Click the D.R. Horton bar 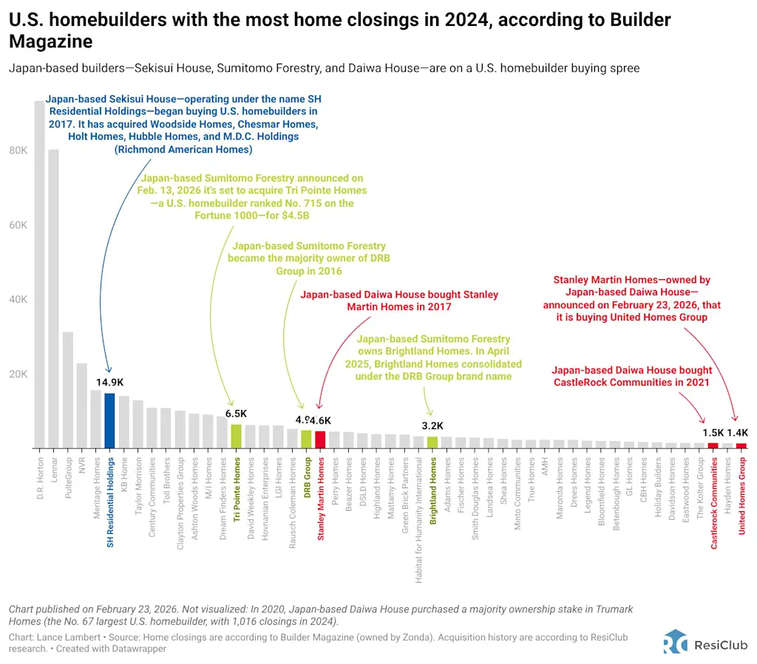[x=39, y=273]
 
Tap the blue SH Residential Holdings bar [x=109, y=420]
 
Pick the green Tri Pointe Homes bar [x=237, y=436]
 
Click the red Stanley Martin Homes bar [x=320, y=439]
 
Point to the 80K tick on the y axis [x=18, y=150]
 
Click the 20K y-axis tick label [x=18, y=374]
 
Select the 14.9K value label [x=109, y=383]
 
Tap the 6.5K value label [x=236, y=414]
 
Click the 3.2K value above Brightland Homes [x=432, y=426]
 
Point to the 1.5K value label [x=713, y=433]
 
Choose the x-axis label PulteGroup [x=68, y=476]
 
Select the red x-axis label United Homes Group [x=741, y=495]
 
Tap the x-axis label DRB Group [x=306, y=476]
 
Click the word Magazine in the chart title [x=50, y=41]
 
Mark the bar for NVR [x=81, y=405]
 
